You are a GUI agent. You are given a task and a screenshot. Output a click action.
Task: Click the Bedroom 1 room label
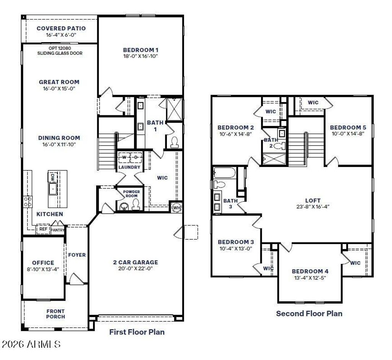pos(140,50)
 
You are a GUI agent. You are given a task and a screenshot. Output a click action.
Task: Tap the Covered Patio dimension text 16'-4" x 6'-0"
pos(61,35)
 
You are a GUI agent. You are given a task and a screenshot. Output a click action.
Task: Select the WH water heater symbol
pos(176,207)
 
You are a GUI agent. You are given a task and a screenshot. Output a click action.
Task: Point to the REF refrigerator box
pos(43,229)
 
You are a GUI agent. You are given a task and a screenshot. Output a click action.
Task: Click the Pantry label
pos(58,230)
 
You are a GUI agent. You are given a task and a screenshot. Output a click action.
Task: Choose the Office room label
pos(43,263)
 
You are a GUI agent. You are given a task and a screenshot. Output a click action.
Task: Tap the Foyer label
pos(77,255)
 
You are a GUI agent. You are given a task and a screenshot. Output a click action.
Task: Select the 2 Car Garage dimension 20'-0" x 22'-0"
pos(136,269)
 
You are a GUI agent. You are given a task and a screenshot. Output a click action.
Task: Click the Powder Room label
pos(131,193)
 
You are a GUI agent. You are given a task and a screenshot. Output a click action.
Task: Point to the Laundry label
pos(129,167)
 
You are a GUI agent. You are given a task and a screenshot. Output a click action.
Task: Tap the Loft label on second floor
pos(313,200)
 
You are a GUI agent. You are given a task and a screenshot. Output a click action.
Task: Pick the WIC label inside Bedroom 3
pos(268,268)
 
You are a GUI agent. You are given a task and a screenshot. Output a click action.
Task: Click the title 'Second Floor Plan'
pos(309,314)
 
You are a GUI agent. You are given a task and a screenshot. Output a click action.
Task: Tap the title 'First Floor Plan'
pos(137,332)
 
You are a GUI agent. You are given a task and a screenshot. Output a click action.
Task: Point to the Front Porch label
pos(56,314)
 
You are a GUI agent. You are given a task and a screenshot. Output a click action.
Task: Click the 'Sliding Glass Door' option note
pos(60,53)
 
